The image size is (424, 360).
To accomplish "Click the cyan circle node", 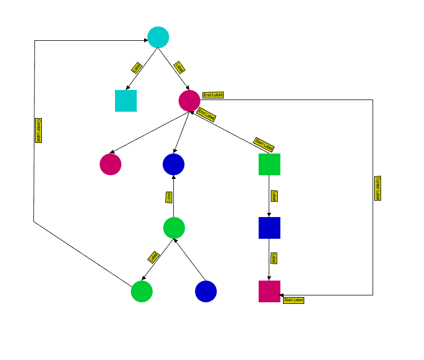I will pyautogui.click(x=158, y=37).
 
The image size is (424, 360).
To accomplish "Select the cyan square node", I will pyautogui.click(x=126, y=101).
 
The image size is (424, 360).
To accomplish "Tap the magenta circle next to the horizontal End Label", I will pyautogui.click(x=189, y=101).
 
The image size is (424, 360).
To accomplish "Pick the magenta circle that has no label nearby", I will pyautogui.click(x=110, y=164).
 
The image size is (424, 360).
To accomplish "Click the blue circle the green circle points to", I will pyautogui.click(x=173, y=164).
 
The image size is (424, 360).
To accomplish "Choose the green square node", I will pyautogui.click(x=269, y=164).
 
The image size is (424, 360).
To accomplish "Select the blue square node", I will pyautogui.click(x=269, y=228).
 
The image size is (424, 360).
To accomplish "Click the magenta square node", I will pyautogui.click(x=269, y=291).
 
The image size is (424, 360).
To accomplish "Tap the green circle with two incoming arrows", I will pyautogui.click(x=174, y=228).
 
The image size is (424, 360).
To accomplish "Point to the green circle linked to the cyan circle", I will pyautogui.click(x=142, y=291).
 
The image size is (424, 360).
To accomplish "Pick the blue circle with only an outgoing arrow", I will pyautogui.click(x=206, y=291).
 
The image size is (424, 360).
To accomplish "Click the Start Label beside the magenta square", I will pyautogui.click(x=294, y=300).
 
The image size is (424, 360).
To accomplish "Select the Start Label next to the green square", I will pyautogui.click(x=264, y=143).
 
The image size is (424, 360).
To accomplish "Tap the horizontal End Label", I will pyautogui.click(x=213, y=95).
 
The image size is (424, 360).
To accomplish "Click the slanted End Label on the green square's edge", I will pyautogui.click(x=206, y=114).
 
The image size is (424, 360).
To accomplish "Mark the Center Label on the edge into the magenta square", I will pyautogui.click(x=377, y=188).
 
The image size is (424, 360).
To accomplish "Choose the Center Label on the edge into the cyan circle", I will pyautogui.click(x=38, y=130).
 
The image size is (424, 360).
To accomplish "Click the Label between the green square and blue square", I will pyautogui.click(x=273, y=196).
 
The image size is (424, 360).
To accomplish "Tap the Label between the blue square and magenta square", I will pyautogui.click(x=273, y=258).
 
